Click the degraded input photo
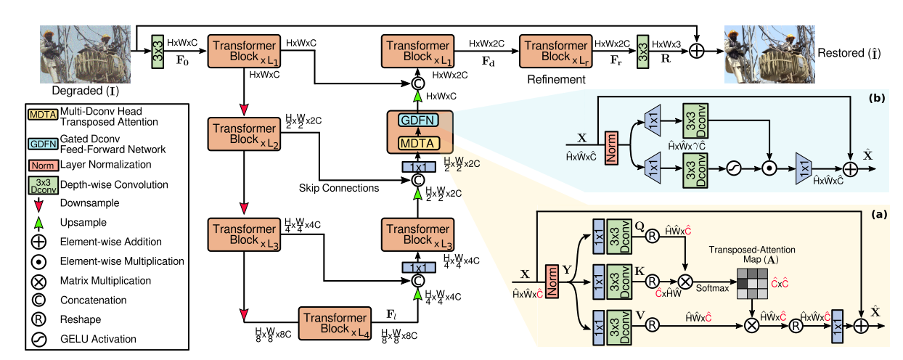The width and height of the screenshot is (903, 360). click(x=85, y=54)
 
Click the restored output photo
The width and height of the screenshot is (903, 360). click(x=769, y=54)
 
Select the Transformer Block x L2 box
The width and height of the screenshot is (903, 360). click(x=244, y=134)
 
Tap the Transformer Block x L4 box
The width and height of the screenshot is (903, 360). click(x=335, y=323)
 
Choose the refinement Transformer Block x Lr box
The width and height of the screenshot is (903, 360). click(x=555, y=52)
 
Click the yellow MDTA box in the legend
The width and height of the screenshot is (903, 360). click(x=43, y=115)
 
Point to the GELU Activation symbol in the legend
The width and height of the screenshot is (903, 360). click(x=38, y=340)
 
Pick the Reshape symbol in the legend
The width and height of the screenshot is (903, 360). click(x=38, y=319)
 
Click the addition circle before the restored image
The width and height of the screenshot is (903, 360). click(x=697, y=52)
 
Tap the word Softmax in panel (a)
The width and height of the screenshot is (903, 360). click(x=712, y=288)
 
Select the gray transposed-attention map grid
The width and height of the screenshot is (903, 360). click(x=752, y=284)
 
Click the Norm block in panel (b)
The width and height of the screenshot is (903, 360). click(x=611, y=147)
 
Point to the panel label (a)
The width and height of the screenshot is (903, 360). click(x=879, y=214)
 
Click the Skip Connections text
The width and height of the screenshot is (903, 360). click(x=338, y=188)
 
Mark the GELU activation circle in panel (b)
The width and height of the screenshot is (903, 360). click(x=734, y=168)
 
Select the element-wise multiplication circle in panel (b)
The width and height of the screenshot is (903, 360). click(x=769, y=168)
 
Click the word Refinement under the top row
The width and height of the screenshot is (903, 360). click(x=556, y=79)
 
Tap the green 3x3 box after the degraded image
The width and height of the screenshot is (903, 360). click(x=158, y=52)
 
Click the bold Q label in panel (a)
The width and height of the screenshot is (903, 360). click(x=640, y=226)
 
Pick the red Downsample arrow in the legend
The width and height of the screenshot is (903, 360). click(x=38, y=205)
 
